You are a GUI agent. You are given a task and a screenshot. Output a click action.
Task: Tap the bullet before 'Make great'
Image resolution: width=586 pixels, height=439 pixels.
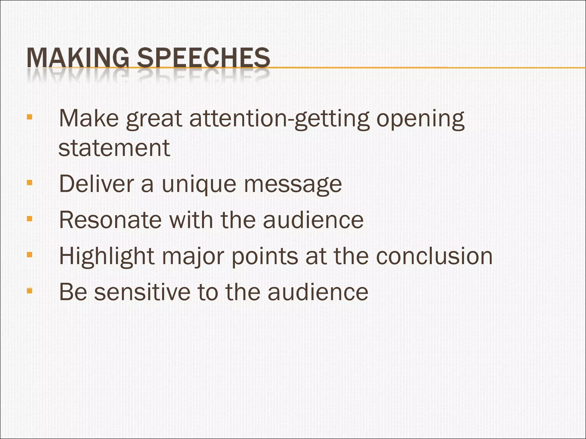click(x=29, y=117)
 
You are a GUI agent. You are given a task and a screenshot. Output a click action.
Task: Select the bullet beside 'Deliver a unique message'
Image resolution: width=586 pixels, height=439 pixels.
click(x=29, y=183)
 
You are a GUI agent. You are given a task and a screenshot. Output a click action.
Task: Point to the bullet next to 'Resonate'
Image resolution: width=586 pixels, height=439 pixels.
click(x=29, y=219)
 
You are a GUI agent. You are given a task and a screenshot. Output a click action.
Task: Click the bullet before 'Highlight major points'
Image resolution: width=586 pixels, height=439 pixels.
click(x=29, y=255)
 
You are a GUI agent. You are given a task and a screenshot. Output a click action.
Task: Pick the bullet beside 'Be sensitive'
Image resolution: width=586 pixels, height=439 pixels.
click(x=29, y=291)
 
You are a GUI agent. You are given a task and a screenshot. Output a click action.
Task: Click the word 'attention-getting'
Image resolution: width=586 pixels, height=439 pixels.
click(x=280, y=119)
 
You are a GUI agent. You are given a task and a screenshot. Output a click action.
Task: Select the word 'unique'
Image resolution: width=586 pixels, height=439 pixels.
click(x=199, y=184)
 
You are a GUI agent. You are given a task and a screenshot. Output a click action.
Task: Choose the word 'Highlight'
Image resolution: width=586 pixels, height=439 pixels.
click(x=107, y=256)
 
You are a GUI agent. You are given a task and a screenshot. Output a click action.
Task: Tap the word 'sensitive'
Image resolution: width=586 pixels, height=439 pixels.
click(x=142, y=292)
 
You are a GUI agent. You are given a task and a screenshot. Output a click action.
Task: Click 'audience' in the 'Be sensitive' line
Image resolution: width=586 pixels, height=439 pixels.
click(x=318, y=292)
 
